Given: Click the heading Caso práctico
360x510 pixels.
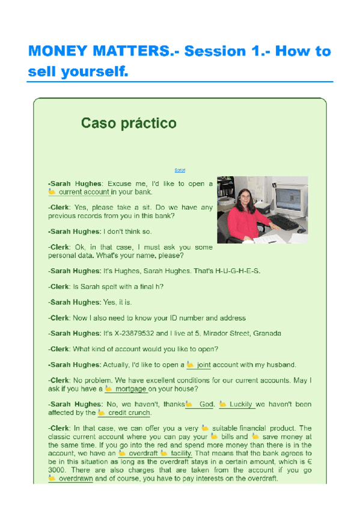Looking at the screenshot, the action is click(x=129, y=124).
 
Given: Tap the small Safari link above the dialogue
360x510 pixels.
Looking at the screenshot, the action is click(x=180, y=170).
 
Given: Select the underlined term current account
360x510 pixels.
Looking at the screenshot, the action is click(x=84, y=192).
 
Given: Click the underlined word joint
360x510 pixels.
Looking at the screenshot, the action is click(x=204, y=364).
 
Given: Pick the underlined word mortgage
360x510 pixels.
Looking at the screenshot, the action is click(x=131, y=389).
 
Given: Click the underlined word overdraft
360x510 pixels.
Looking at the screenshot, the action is click(x=142, y=453).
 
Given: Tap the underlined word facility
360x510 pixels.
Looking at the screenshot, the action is click(x=181, y=453).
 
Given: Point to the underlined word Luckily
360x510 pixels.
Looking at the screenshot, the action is click(x=240, y=405).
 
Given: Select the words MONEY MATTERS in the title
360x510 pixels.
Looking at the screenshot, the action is click(x=99, y=51).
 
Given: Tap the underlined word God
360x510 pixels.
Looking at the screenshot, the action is click(x=206, y=405).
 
